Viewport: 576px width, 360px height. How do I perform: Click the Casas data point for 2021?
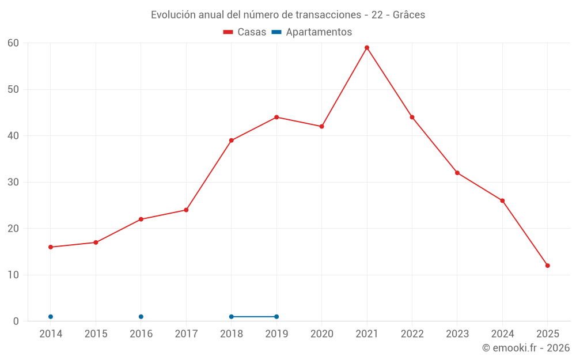click(367, 48)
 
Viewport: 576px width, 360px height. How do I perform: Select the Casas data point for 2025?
click(547, 266)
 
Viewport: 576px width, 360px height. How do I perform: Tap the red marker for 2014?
click(51, 247)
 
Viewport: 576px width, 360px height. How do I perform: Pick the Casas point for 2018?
click(232, 141)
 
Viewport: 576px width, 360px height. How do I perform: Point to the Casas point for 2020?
click(321, 127)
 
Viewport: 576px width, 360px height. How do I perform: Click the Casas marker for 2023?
click(457, 173)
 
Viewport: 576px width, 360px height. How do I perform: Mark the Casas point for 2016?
click(141, 219)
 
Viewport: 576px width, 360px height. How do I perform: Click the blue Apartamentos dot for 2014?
click(51, 317)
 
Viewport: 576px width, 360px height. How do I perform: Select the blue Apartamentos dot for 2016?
click(141, 317)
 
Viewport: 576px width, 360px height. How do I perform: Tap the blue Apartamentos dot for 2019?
click(276, 317)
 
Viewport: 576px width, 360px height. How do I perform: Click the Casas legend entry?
click(245, 32)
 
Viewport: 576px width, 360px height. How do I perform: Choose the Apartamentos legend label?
click(318, 32)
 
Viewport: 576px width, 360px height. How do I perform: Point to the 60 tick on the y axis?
click(13, 43)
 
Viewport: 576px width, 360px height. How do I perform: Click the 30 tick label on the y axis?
click(13, 182)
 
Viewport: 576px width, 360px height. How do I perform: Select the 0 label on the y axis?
click(16, 321)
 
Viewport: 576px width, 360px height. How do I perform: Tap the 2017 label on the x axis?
click(186, 334)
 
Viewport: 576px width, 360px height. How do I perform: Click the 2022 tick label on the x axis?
click(412, 334)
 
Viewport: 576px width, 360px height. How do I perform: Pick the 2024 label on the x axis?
click(502, 334)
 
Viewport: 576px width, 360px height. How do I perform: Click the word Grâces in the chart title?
click(409, 15)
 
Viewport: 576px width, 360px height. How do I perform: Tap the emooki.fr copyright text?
click(526, 348)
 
